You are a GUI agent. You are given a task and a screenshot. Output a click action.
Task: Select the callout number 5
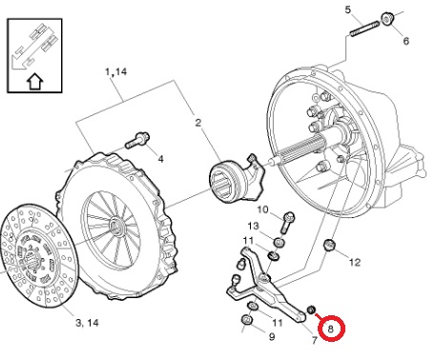tap(348, 10)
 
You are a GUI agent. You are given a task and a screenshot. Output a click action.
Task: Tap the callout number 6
tap(406, 41)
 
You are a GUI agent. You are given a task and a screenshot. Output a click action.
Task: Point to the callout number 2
tap(198, 123)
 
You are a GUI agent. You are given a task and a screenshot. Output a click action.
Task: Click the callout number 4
tap(161, 159)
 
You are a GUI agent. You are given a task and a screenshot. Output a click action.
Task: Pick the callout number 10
tap(262, 210)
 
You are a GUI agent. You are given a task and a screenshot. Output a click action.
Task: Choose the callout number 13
tap(254, 226)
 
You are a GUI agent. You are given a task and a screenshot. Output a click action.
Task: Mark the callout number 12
tap(355, 262)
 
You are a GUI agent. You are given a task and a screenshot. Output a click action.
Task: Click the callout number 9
tap(272, 336)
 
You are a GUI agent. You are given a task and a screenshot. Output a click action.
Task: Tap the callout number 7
tap(314, 340)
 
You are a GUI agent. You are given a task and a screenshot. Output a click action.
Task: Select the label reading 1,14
tap(116, 71)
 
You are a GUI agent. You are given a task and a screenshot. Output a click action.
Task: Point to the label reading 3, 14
tap(87, 323)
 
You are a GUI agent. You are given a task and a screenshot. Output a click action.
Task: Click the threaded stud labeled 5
tap(364, 29)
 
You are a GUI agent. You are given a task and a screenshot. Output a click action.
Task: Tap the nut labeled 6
tap(387, 19)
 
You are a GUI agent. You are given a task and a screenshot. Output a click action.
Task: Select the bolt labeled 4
tap(137, 140)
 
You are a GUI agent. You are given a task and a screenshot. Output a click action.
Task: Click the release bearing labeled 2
tap(237, 178)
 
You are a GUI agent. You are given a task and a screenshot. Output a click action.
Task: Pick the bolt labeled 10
tap(286, 223)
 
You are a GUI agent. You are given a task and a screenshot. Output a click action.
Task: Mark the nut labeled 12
tap(328, 245)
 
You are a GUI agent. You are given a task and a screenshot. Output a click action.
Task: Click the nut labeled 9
tap(247, 320)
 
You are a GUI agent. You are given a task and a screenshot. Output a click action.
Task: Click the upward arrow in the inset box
tap(34, 82)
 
